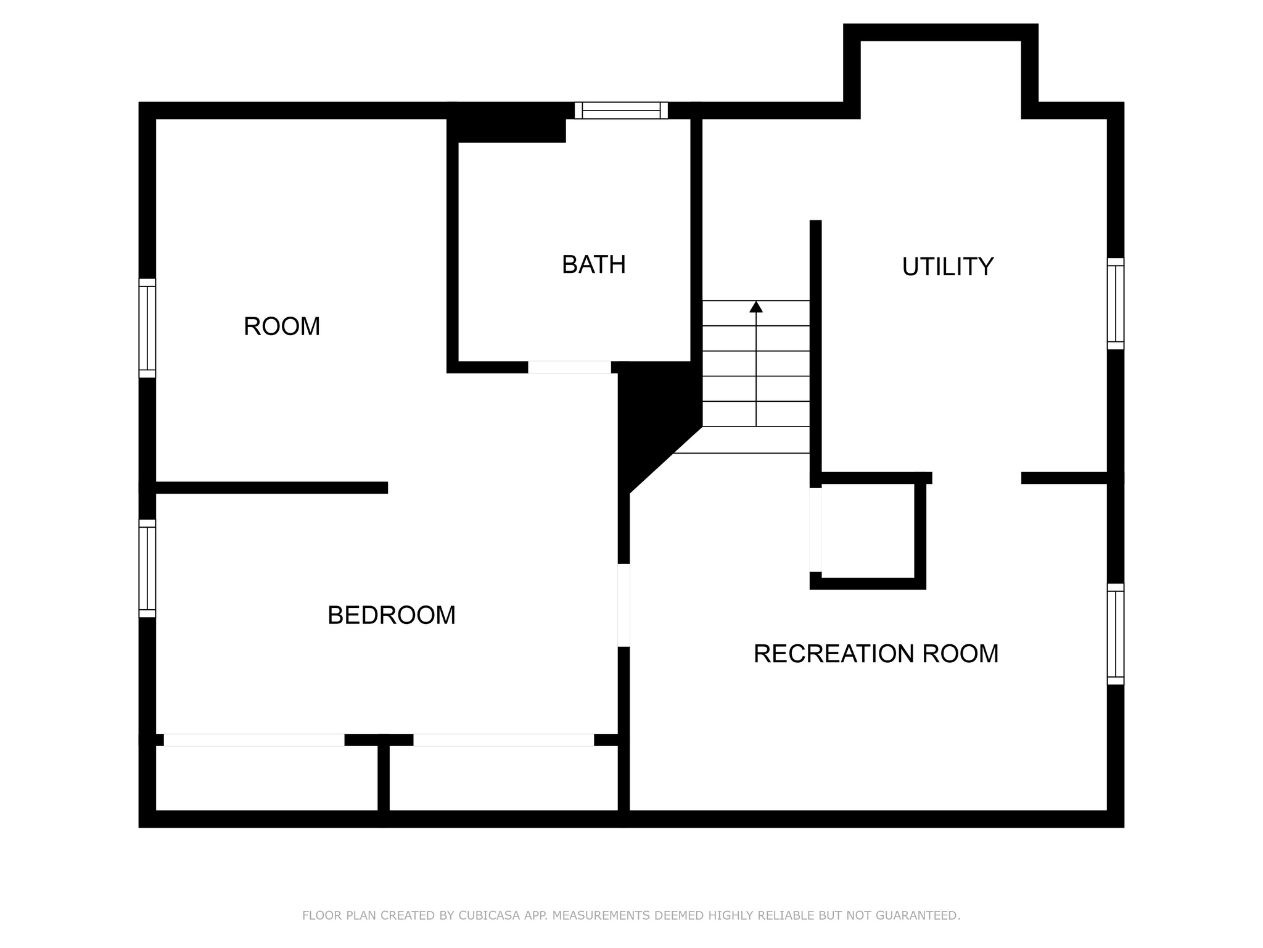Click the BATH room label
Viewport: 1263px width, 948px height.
593,265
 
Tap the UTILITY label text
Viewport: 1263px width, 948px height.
947,267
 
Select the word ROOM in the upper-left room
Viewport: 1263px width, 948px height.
282,326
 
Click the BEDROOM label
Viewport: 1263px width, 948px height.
391,615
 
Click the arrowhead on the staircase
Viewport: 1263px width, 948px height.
756,307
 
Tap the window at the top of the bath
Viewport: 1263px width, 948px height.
621,110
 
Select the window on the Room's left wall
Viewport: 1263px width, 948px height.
147,328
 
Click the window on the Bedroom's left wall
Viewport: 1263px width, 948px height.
147,568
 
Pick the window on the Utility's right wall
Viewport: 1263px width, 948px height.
1115,304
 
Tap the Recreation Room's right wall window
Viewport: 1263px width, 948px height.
1115,634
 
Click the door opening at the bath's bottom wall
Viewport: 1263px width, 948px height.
569,367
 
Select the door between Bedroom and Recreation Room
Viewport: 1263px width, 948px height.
623,605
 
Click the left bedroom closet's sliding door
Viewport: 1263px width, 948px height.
253,740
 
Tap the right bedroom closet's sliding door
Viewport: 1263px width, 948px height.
503,740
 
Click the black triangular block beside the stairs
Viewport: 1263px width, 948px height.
654,414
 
